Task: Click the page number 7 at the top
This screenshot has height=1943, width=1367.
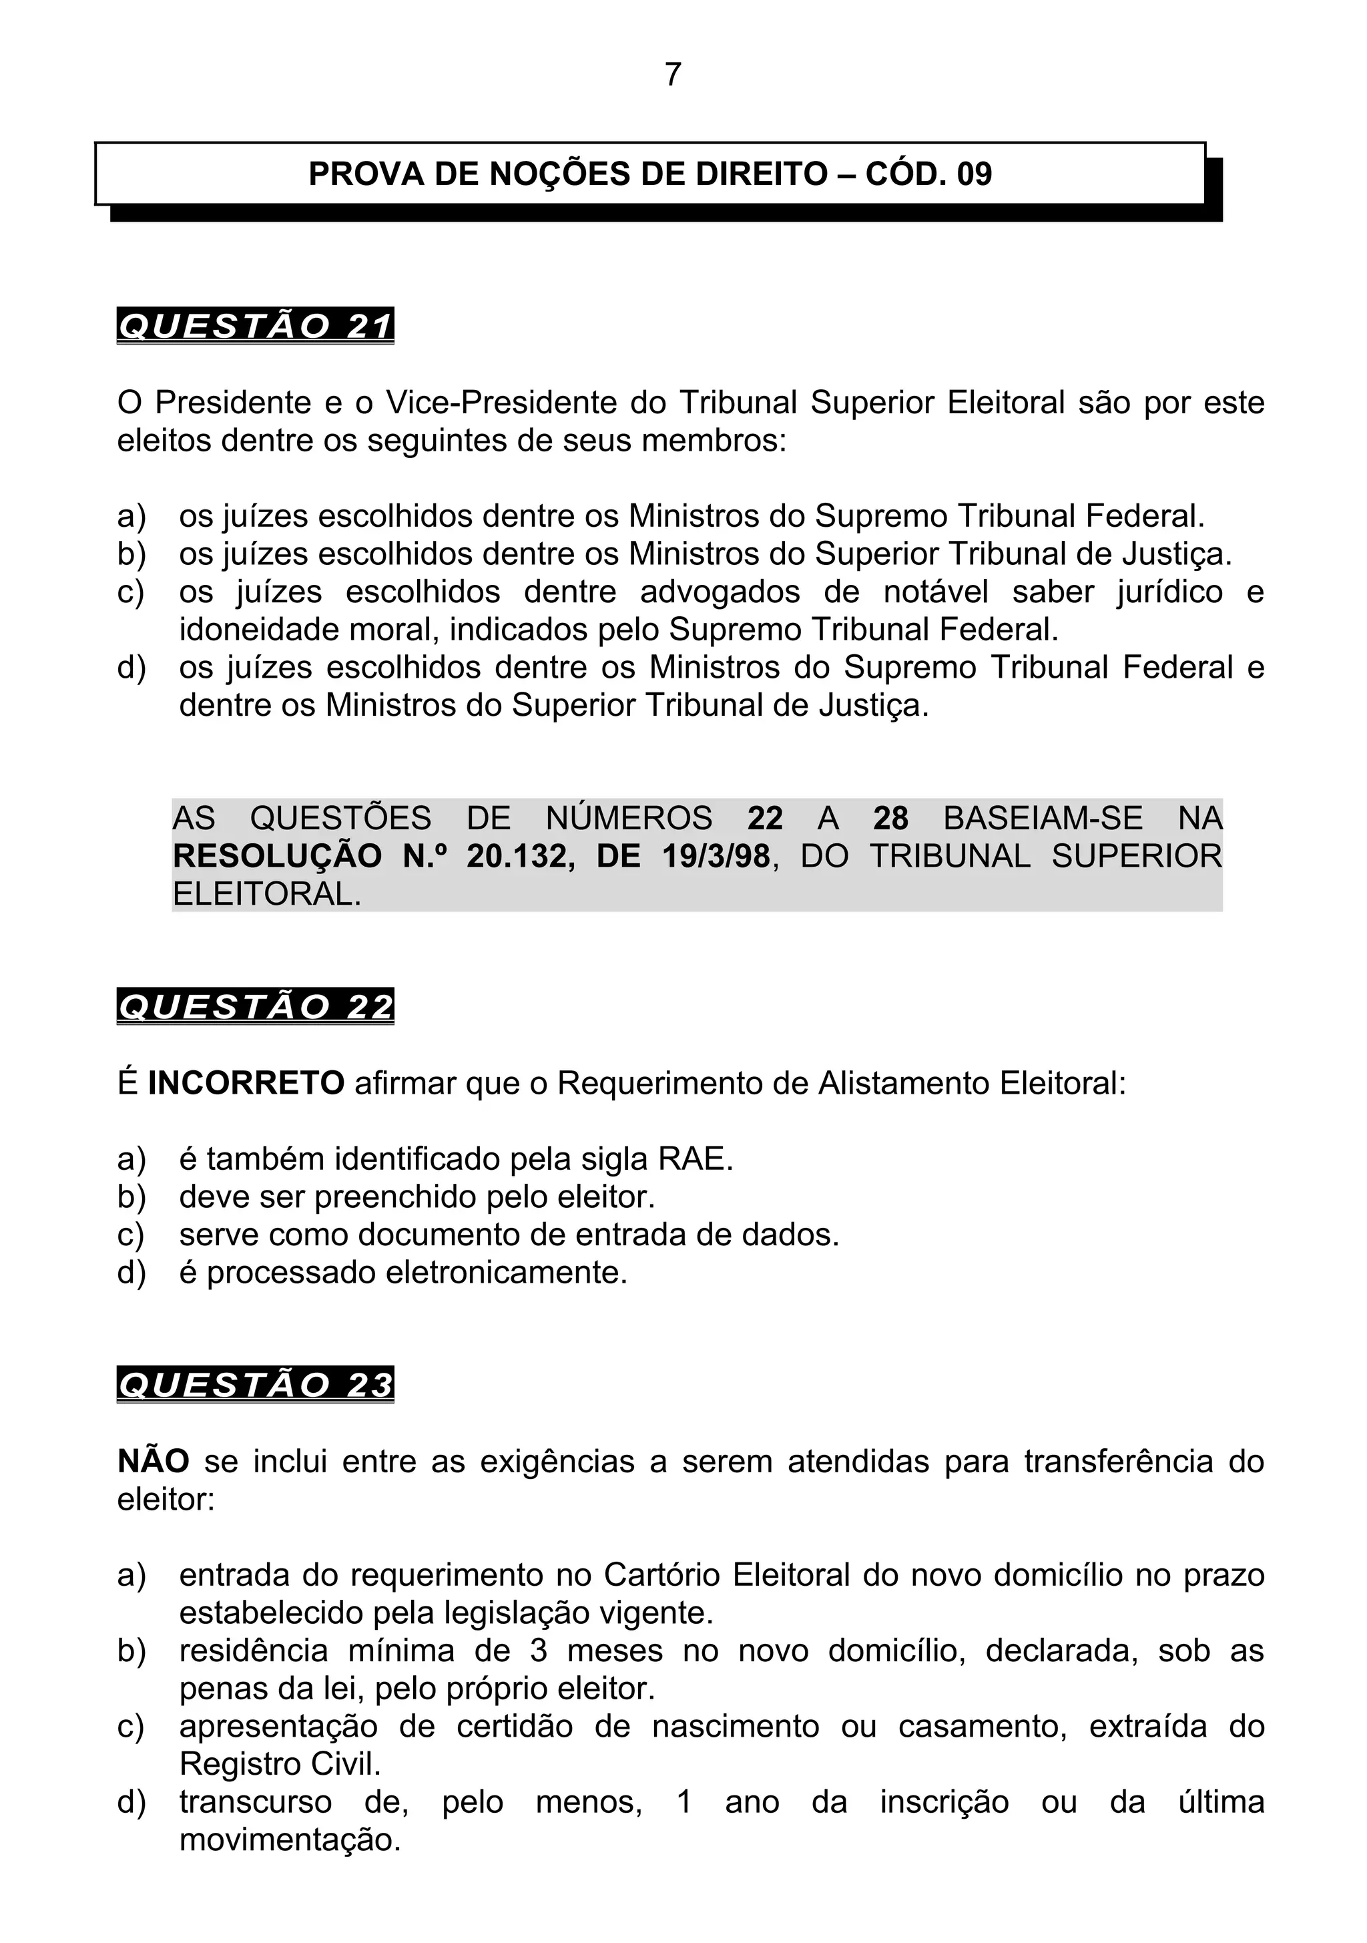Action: [x=673, y=75]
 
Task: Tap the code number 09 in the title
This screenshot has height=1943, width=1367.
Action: [x=974, y=174]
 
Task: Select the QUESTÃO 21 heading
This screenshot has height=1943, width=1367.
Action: [x=256, y=327]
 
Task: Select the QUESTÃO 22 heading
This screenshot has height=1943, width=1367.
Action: [x=256, y=1007]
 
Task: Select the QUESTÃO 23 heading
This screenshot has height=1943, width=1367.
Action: [x=256, y=1385]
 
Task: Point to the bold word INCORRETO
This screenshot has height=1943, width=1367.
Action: [x=246, y=1083]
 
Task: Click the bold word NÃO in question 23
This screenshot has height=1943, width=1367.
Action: [x=153, y=1462]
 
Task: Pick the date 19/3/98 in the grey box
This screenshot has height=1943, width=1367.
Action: [x=716, y=857]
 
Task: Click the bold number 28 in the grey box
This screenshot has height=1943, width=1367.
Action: [x=890, y=819]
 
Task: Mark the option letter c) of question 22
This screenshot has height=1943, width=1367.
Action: [x=131, y=1235]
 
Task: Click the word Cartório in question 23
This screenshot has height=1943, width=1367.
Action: [x=660, y=1575]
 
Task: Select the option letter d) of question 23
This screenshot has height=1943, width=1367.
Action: [x=131, y=1803]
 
